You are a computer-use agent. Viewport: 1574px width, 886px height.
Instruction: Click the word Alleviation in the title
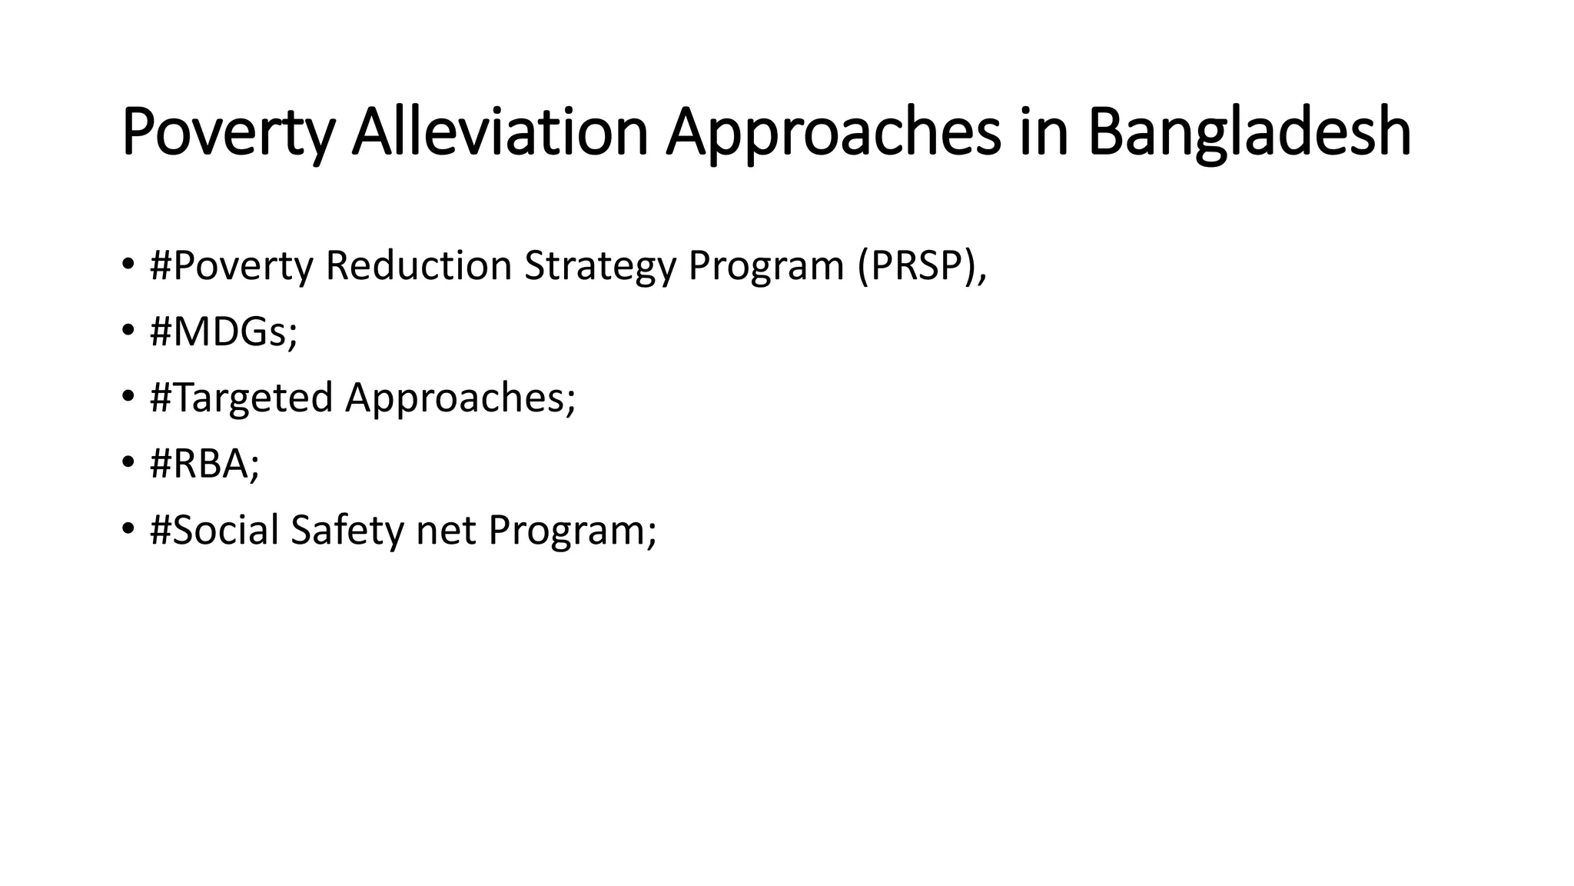pos(500,132)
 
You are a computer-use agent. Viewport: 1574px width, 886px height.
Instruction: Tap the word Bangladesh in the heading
pos(1249,132)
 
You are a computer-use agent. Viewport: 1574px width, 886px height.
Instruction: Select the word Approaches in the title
pos(834,132)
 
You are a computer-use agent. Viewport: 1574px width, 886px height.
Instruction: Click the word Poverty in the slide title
pos(228,132)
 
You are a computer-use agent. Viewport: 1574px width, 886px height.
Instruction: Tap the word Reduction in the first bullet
pos(418,266)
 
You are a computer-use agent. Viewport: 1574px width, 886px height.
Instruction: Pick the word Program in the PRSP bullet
pos(765,266)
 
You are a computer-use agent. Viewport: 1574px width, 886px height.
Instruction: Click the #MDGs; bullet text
pos(224,332)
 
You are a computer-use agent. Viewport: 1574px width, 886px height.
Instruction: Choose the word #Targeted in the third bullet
pos(241,398)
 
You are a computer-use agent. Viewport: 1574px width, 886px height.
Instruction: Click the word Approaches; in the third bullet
pos(460,398)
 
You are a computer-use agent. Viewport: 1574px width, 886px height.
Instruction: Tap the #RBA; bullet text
pos(204,465)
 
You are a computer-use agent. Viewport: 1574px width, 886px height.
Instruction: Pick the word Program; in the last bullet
pos(573,531)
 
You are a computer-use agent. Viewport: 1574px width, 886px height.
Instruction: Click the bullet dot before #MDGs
pos(128,332)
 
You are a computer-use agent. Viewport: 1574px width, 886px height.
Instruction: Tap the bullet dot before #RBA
pos(128,465)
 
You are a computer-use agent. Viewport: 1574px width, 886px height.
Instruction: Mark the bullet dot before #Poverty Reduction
pos(128,266)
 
